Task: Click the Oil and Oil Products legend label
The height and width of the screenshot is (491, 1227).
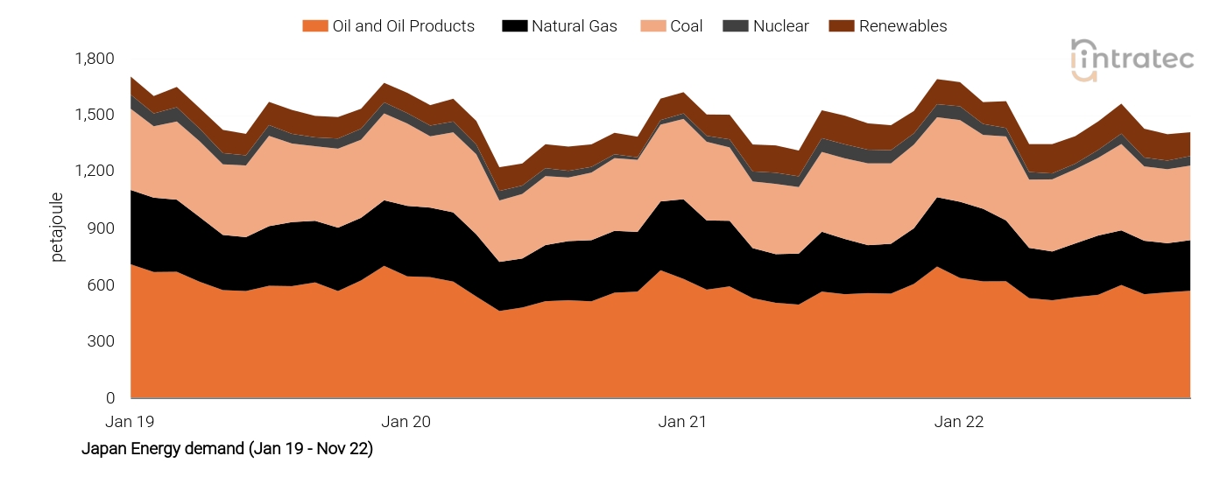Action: [403, 26]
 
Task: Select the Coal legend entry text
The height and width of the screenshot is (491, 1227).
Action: [686, 26]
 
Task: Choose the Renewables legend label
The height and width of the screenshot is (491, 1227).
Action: [902, 26]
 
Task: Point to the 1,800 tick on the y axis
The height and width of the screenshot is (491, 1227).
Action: [95, 59]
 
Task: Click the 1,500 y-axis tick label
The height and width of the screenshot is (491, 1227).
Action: [95, 116]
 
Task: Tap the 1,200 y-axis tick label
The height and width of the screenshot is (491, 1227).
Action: [95, 172]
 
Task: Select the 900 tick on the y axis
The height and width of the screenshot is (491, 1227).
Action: [102, 228]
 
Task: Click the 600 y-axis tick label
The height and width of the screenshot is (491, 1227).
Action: [102, 285]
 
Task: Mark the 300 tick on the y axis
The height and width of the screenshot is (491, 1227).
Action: [102, 341]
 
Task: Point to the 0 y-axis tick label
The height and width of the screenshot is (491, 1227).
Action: [109, 398]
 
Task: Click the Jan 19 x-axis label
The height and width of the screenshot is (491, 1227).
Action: [130, 422]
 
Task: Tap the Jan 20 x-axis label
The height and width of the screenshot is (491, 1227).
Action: [406, 422]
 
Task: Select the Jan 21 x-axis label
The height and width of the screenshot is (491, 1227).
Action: [682, 422]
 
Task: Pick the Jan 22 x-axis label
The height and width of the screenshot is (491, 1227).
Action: [959, 422]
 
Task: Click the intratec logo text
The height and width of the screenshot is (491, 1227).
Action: [1144, 60]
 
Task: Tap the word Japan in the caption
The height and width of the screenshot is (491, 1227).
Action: [102, 450]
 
